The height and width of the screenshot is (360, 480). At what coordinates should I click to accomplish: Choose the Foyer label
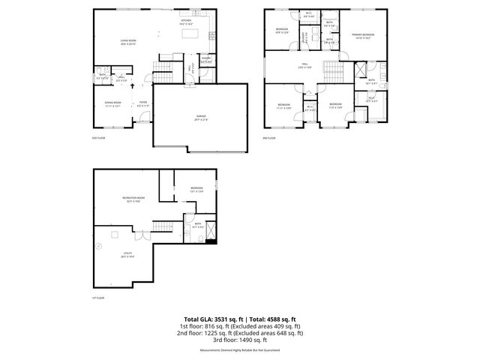pos(142,104)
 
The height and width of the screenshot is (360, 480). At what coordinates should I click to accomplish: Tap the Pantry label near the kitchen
pos(205,59)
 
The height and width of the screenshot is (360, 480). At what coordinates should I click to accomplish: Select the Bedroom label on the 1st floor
pos(196,189)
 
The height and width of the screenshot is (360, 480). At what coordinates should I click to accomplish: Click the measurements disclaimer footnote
pos(239,350)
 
